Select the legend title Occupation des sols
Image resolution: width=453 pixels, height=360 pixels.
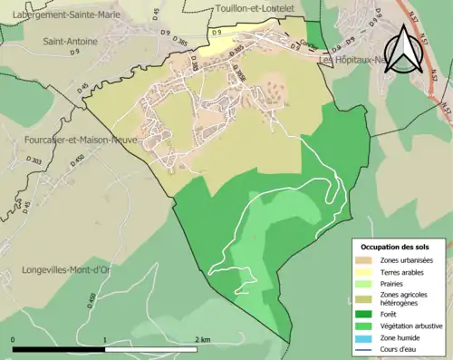tap(395, 247)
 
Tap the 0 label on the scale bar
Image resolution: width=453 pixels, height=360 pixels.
tap(14, 340)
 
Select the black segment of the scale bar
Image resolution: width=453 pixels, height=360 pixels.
tap(59, 349)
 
